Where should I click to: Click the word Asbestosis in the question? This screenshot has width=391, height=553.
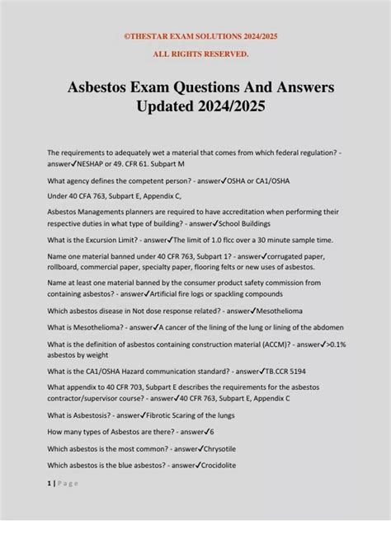pyautogui.click(x=89, y=415)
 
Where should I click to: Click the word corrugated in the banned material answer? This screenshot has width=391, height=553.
pyautogui.click(x=285, y=256)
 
